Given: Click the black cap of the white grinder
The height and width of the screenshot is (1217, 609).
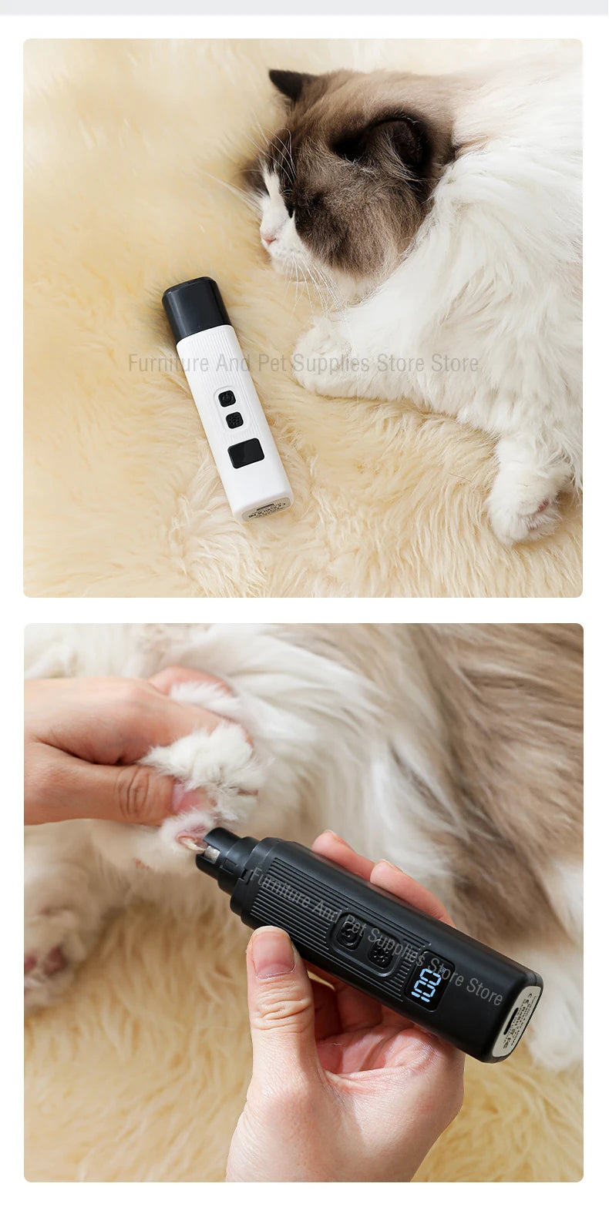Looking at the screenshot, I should (195, 307).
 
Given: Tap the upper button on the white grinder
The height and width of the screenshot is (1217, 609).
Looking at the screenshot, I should (226, 398).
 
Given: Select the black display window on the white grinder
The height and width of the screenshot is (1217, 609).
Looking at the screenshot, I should (246, 453).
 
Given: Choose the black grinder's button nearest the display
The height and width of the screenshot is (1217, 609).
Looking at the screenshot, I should (379, 955).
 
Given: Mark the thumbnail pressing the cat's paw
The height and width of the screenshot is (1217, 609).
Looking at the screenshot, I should (185, 800).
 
